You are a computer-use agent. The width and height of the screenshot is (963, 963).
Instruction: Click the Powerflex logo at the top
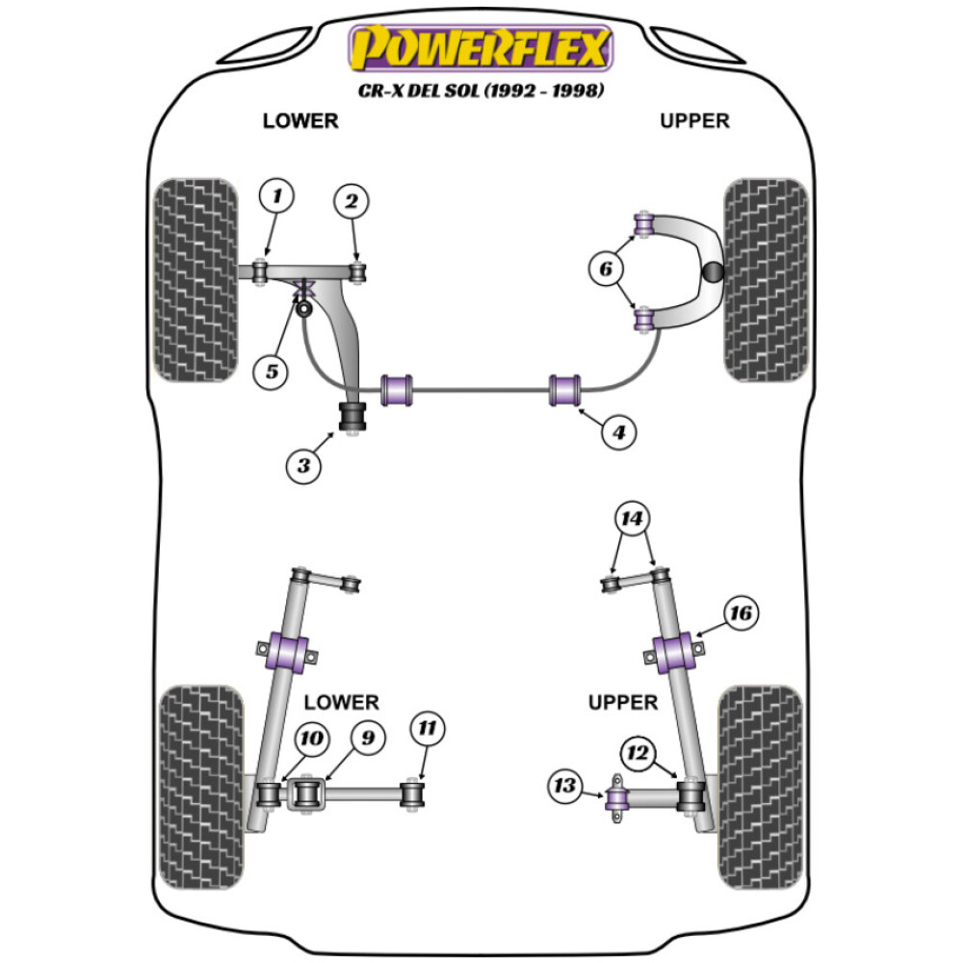481,48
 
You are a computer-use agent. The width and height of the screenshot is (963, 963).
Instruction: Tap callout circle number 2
351,201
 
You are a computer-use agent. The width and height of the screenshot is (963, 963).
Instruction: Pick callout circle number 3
303,467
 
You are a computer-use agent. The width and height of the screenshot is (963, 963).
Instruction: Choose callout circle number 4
619,433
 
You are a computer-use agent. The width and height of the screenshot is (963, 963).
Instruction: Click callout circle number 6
606,271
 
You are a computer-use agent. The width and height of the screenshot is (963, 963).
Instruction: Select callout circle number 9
367,739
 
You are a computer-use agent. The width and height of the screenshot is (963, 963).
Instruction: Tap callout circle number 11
429,729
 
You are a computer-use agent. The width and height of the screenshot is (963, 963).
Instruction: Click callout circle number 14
633,521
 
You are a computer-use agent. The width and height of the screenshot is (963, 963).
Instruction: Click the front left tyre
195,279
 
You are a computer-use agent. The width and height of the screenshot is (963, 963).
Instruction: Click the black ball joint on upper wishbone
713,273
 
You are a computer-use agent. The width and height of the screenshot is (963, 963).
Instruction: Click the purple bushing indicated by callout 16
674,655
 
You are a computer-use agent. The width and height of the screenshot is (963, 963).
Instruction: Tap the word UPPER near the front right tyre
694,120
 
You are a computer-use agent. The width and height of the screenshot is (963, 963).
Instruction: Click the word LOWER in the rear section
341,702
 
